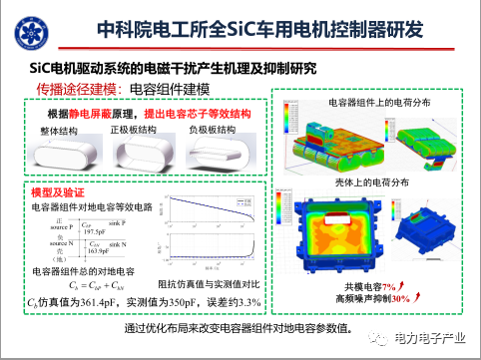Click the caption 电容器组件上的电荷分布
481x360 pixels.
tap(371, 102)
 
